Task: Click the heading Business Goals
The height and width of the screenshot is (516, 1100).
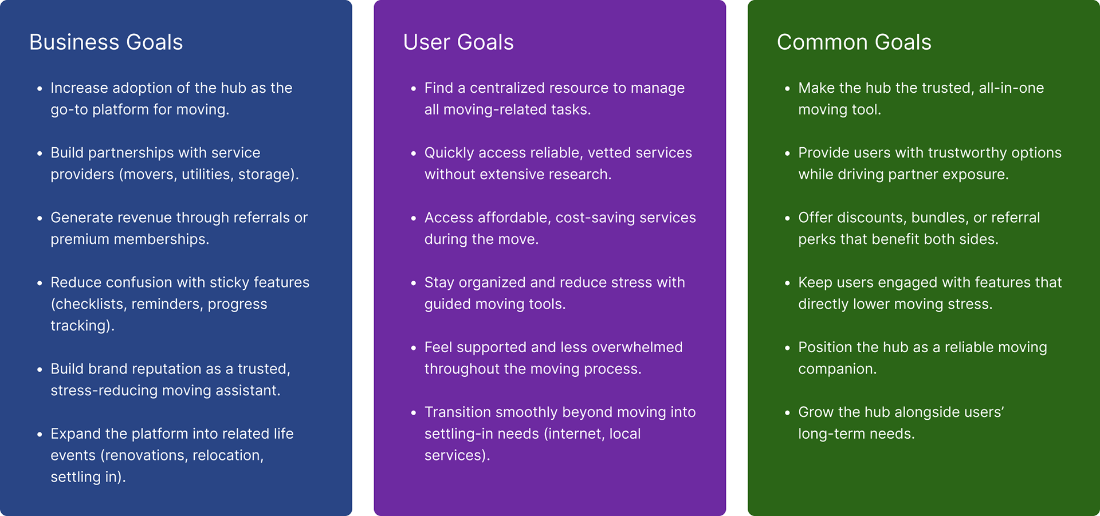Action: click(106, 42)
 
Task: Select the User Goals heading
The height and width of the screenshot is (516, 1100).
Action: click(458, 42)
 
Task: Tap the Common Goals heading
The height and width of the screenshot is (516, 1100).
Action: click(854, 42)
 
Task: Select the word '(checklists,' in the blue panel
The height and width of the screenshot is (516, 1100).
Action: click(89, 304)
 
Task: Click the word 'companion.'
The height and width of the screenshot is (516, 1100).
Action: click(837, 369)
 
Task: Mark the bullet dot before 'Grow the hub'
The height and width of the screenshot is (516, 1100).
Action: click(787, 413)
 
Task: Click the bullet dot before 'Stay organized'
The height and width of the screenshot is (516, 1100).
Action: click(413, 283)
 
